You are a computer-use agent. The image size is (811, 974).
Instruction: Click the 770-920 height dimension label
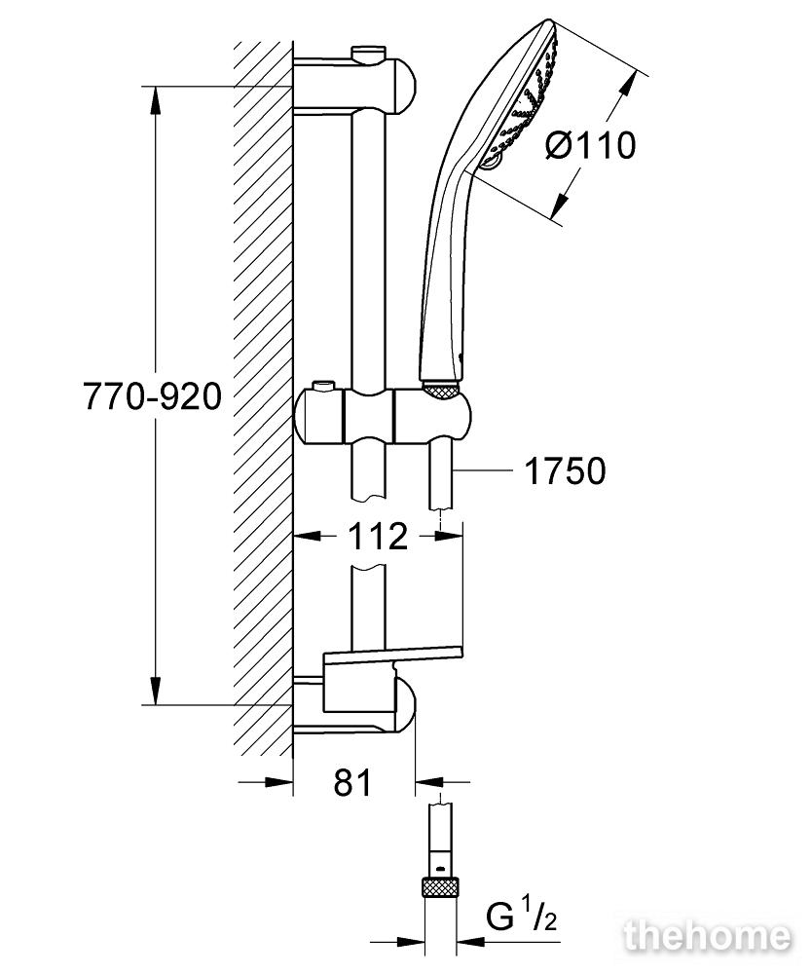152,395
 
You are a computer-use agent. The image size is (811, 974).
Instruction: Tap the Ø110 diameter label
591,146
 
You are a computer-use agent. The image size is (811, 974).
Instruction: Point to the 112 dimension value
378,536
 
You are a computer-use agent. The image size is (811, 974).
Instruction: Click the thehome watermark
707,937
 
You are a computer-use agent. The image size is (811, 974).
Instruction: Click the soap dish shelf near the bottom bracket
392,653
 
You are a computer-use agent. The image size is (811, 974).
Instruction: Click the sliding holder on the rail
383,417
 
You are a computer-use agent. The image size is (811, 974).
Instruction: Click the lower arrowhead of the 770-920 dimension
155,690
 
